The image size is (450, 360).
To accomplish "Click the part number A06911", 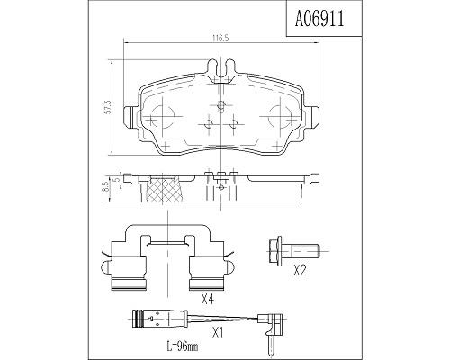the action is [x=319, y=19].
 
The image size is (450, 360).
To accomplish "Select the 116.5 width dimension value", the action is [x=220, y=38].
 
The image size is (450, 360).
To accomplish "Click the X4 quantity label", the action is [x=208, y=299].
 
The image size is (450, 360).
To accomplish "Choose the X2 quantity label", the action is [x=300, y=271].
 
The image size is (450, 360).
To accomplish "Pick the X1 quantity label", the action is [x=218, y=332].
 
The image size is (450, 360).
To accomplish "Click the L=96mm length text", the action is [x=183, y=347].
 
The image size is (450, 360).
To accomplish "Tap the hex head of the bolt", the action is [x=274, y=251].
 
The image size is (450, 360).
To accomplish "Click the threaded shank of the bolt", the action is [x=306, y=251].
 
